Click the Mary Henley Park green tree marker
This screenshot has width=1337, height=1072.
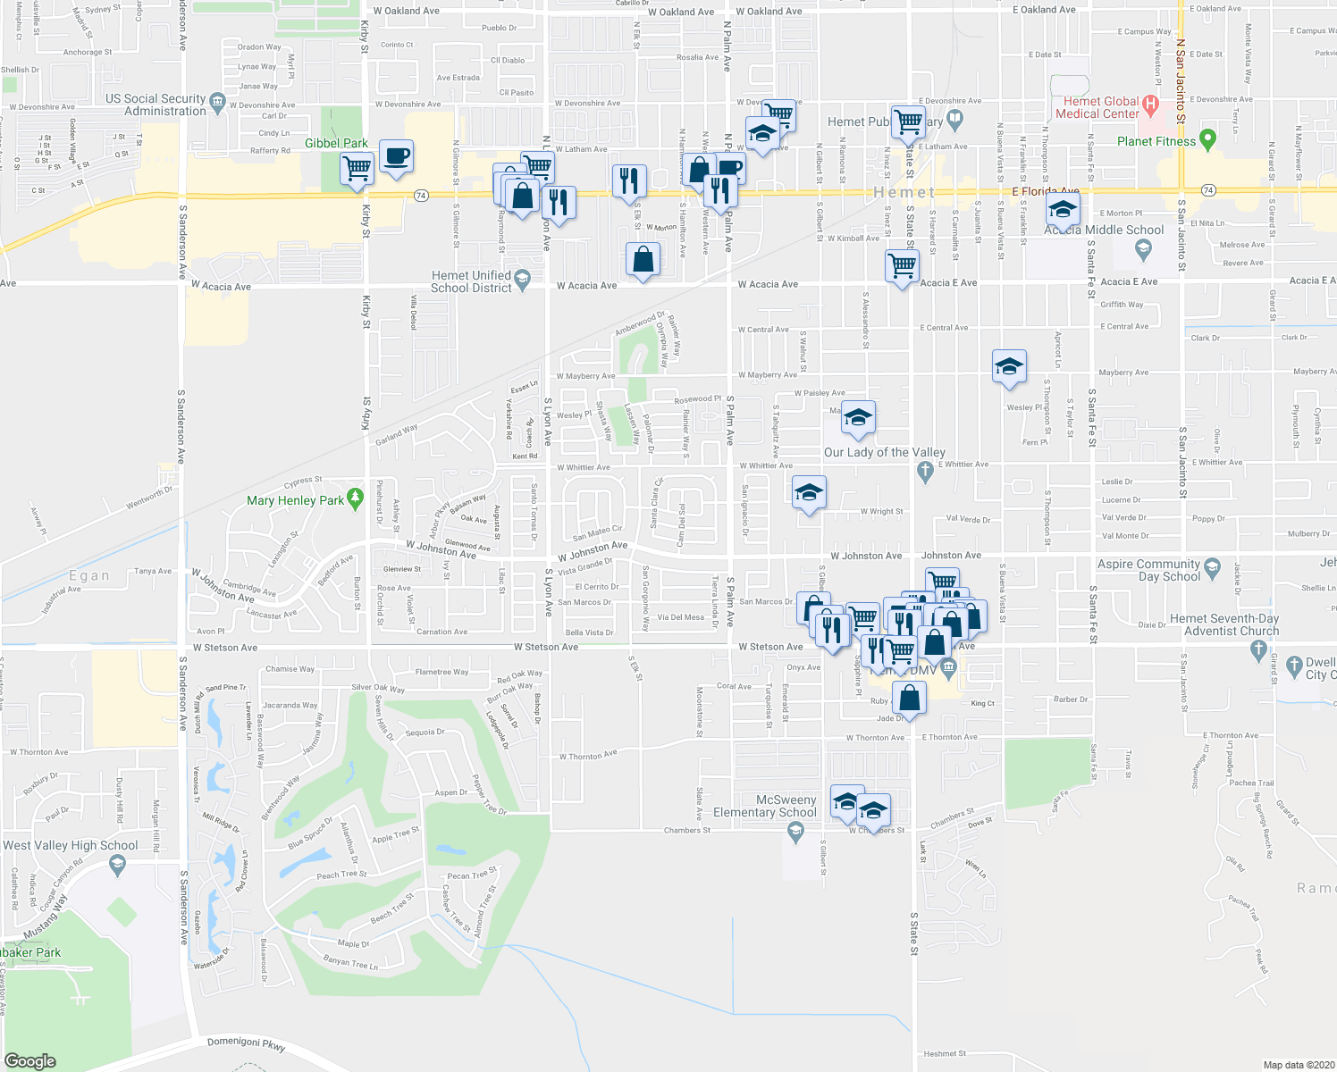(356, 496)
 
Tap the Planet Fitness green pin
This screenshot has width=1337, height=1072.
(1207, 139)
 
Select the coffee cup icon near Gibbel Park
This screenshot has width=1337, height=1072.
(396, 156)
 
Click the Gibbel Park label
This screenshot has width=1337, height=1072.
(336, 143)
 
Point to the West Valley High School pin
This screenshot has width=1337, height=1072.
(117, 864)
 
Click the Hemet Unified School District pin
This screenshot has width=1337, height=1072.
(524, 281)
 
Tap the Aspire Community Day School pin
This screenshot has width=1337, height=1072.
(1212, 567)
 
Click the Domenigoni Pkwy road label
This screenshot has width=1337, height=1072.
(246, 1043)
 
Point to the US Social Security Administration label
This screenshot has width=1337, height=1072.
(156, 105)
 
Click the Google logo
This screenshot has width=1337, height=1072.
(29, 1060)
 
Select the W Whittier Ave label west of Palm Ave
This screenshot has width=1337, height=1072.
(584, 467)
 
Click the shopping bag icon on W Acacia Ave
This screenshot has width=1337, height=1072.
(643, 260)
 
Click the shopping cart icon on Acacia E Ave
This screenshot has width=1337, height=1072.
(902, 265)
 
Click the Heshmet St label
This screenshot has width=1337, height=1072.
(945, 1054)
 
